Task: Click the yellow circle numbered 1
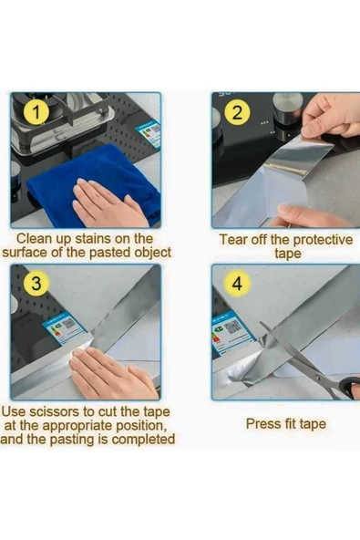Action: coord(36,112)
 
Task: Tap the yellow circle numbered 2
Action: coord(237,112)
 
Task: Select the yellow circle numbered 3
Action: coord(36,283)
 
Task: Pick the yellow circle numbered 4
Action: coord(237,284)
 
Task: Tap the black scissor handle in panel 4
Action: coord(350,388)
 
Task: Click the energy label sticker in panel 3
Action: coord(65,327)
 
